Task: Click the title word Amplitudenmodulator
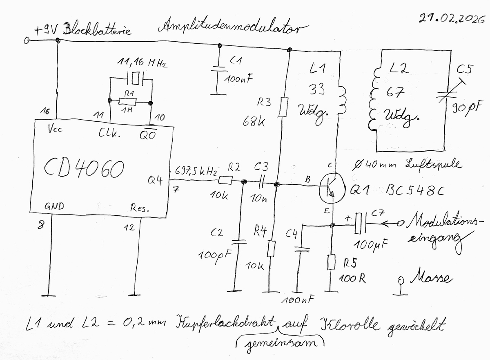[230, 28]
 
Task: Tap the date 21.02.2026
[448, 18]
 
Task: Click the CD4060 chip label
[83, 168]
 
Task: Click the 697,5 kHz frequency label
[196, 170]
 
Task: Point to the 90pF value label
[465, 109]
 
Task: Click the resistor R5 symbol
[332, 262]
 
